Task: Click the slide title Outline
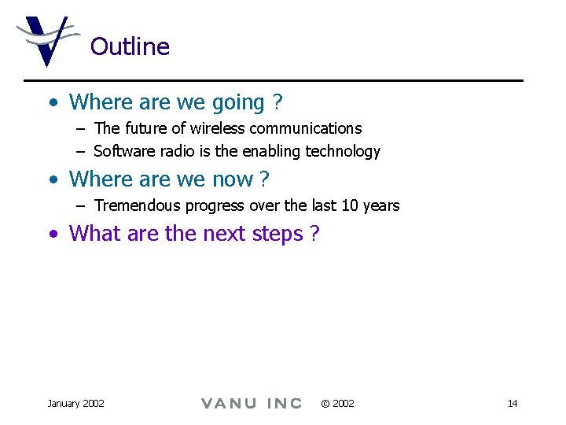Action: point(130,46)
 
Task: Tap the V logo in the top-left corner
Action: point(46,40)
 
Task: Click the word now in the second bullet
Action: point(233,179)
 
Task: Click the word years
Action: point(381,206)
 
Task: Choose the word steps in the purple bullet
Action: point(274,234)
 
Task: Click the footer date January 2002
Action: point(75,404)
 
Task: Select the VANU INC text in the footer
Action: point(252,404)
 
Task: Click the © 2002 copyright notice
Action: point(337,404)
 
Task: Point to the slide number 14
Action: point(513,404)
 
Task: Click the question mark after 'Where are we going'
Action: point(277,102)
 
